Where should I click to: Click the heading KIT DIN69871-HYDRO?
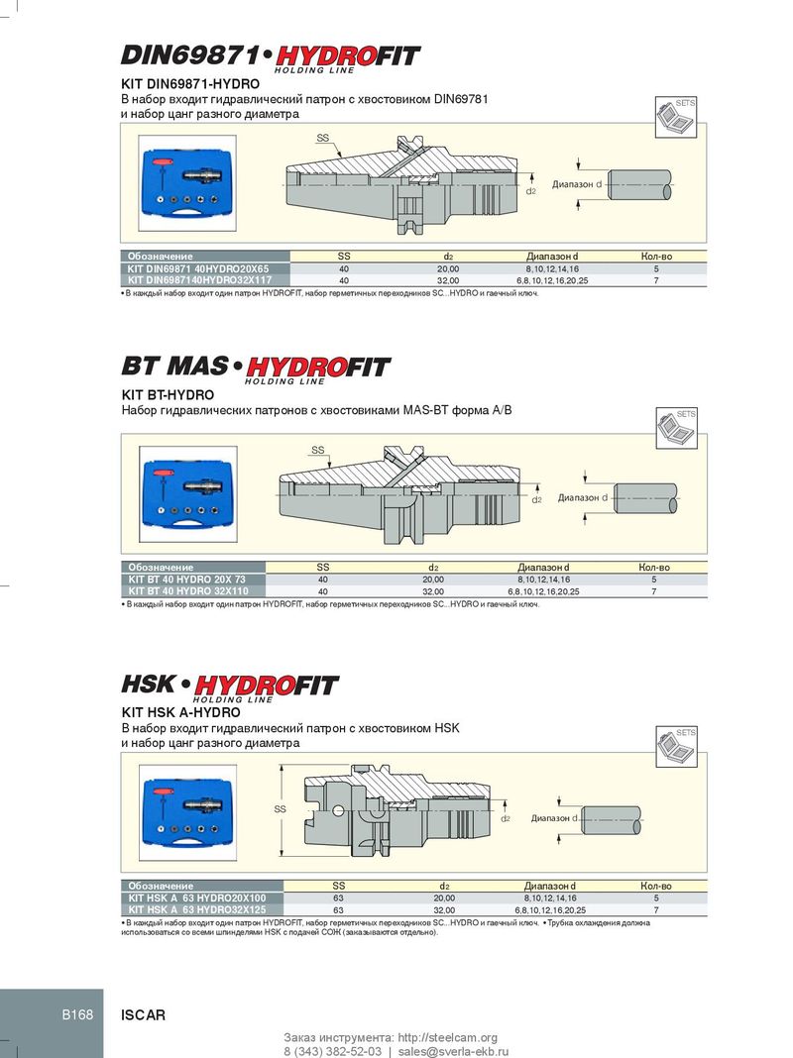pyautogui.click(x=189, y=84)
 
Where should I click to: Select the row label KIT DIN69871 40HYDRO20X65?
pyautogui.click(x=197, y=268)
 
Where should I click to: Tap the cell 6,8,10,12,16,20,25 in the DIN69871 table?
pyautogui.click(x=552, y=280)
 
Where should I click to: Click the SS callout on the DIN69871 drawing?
pyautogui.click(x=322, y=138)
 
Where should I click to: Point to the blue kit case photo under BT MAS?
pyautogui.click(x=188, y=494)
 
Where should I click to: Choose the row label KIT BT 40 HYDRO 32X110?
pyautogui.click(x=188, y=591)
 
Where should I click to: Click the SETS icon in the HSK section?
pyautogui.click(x=677, y=747)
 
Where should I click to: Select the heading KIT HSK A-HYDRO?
pyautogui.click(x=180, y=712)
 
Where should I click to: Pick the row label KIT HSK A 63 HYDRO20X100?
pyautogui.click(x=197, y=899)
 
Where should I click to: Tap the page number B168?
pyautogui.click(x=77, y=1014)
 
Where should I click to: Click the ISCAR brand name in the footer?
pyautogui.click(x=143, y=1014)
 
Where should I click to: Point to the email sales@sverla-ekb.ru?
pyautogui.click(x=453, y=1051)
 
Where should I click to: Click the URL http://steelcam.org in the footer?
pyautogui.click(x=447, y=1037)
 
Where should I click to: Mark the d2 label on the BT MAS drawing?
pyautogui.click(x=536, y=500)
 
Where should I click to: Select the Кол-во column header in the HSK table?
pyautogui.click(x=656, y=886)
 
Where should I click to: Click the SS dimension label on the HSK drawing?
pyautogui.click(x=280, y=809)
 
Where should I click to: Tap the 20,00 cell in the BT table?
pyautogui.click(x=433, y=580)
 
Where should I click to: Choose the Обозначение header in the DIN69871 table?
pyautogui.click(x=160, y=257)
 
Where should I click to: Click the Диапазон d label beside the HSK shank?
pyautogui.click(x=554, y=818)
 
